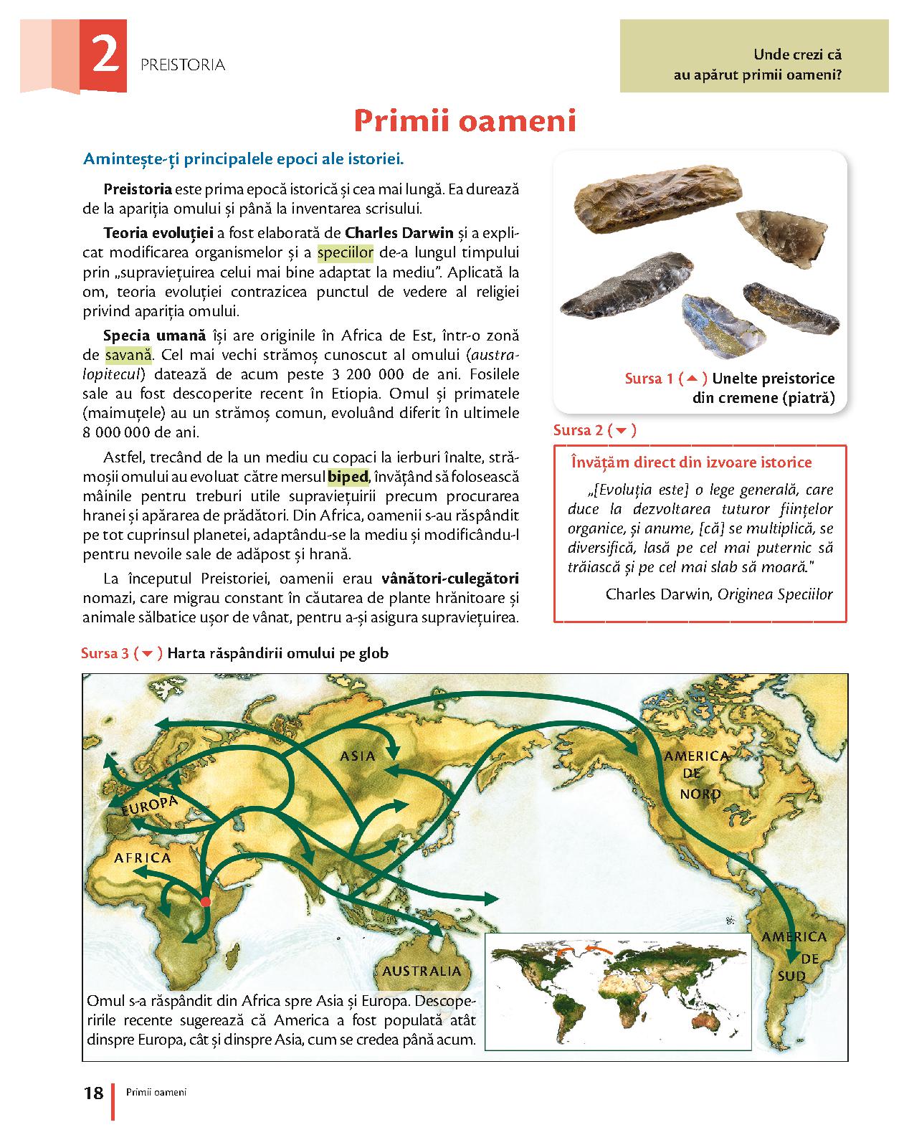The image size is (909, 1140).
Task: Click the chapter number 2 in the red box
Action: pos(105,57)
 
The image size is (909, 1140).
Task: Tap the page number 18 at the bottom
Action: pos(94,1093)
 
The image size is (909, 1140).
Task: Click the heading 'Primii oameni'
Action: pos(465,121)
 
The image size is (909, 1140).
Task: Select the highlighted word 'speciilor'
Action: pos(346,252)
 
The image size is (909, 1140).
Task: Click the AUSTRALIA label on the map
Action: pos(422,972)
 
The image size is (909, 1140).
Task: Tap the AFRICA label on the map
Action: pos(143,858)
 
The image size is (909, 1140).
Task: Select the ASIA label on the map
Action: pos(358,756)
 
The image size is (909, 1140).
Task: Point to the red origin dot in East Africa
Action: pos(205,901)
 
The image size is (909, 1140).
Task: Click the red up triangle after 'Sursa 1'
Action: pos(692,378)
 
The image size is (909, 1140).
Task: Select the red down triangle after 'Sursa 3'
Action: pos(148,653)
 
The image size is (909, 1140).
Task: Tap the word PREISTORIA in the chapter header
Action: pos(184,65)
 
